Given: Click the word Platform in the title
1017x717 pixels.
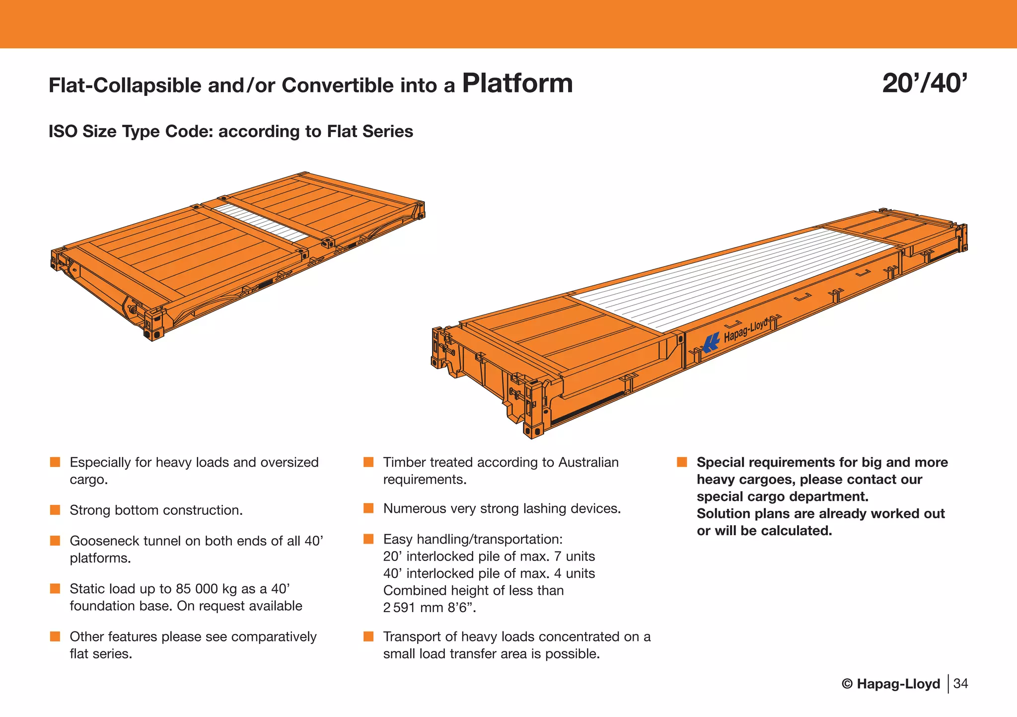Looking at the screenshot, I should point(517,83).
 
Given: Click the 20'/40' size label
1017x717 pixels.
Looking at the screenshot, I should point(924,83).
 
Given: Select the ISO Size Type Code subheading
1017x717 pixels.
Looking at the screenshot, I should point(230,132).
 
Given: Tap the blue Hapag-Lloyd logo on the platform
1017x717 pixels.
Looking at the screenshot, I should point(711,342).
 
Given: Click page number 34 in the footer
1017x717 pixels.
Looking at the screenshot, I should point(960,684).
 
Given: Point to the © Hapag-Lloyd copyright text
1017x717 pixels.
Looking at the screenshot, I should point(891,684).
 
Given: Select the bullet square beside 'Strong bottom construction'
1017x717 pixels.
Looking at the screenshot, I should point(55,510).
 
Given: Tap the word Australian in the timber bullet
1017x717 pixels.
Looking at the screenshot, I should point(588,463).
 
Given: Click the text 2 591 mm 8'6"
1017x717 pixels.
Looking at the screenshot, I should point(429,608).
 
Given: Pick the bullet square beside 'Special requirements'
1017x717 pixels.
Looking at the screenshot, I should point(682,463).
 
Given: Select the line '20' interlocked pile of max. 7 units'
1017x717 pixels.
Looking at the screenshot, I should point(489,557).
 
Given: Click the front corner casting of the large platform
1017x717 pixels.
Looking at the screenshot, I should point(533,410).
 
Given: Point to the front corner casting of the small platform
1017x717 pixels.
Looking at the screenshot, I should point(153,325).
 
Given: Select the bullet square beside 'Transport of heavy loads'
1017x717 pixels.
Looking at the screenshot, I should point(368,637).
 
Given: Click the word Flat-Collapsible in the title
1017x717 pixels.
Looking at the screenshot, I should point(125,86).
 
